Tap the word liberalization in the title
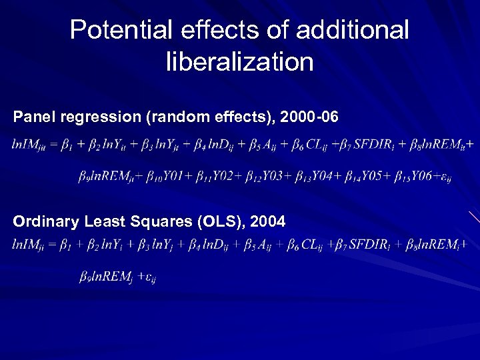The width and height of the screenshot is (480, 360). pyautogui.click(x=239, y=62)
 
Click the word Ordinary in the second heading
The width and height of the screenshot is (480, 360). pyautogui.click(x=44, y=221)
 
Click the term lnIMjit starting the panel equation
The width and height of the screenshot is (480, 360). pyautogui.click(x=28, y=144)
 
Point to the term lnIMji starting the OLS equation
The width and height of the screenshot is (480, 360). pyautogui.click(x=28, y=245)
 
